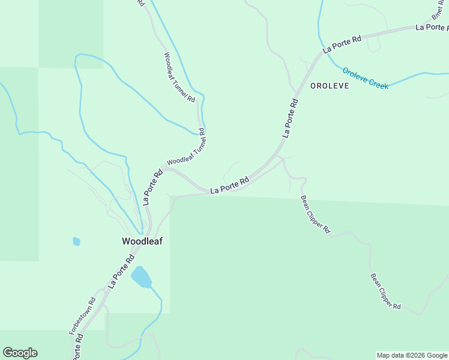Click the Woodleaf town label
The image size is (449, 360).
(x=142, y=241)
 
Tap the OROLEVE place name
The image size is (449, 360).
(x=329, y=86)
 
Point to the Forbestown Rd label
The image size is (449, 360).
(x=74, y=316)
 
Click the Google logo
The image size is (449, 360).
(x=20, y=353)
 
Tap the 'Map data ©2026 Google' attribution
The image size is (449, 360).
(x=412, y=355)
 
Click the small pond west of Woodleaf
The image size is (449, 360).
(x=76, y=241)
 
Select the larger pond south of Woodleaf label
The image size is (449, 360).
(x=142, y=277)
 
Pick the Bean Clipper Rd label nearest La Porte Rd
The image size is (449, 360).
(x=316, y=214)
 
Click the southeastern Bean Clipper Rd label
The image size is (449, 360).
(x=385, y=292)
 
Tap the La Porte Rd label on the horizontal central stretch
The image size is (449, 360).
(x=230, y=185)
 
